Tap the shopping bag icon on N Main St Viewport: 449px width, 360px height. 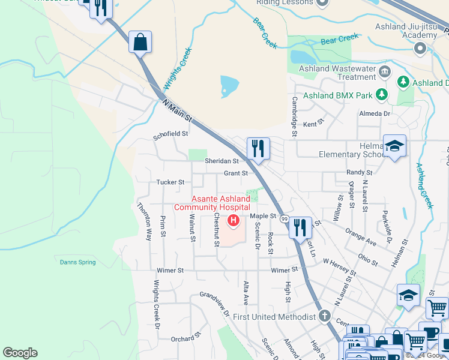(140, 43)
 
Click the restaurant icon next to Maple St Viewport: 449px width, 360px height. (300, 228)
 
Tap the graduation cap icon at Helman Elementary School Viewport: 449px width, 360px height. (394, 146)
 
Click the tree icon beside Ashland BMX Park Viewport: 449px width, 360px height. (381, 94)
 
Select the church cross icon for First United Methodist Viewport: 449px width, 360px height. (325, 316)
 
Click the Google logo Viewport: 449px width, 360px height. (20, 353)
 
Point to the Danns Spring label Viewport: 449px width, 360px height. (77, 262)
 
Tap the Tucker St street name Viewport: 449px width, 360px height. (170, 182)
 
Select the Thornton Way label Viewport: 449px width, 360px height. (144, 221)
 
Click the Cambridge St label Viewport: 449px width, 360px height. (295, 116)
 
